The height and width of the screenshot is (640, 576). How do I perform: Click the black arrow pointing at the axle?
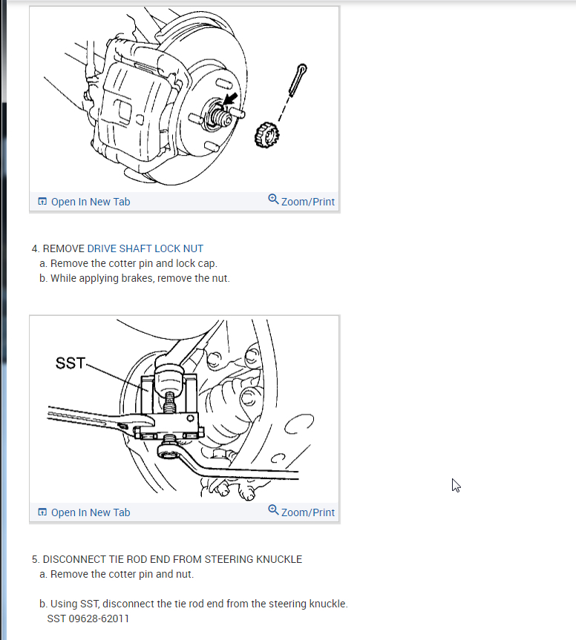pos(230,99)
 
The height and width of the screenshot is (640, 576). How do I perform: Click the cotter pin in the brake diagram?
pos(298,80)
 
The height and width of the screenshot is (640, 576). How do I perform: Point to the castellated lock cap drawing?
pos(266,135)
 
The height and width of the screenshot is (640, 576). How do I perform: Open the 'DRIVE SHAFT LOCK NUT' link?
pos(145,248)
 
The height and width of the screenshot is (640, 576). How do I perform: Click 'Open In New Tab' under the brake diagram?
pos(91,202)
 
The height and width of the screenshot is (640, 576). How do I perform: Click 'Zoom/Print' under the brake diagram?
pos(307,202)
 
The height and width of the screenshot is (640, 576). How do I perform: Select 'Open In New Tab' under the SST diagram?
pos(91,512)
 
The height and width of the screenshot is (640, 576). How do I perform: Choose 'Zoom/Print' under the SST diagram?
pos(307,512)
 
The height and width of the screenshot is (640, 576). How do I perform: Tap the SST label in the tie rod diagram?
pos(71,363)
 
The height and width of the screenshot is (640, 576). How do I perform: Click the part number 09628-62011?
pos(99,618)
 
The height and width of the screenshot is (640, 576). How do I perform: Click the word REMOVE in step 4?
pos(63,248)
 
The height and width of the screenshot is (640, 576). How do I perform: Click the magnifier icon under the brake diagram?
pos(273,199)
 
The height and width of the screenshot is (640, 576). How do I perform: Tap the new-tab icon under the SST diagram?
pos(42,512)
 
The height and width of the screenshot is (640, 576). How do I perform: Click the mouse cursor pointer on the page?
pos(456,485)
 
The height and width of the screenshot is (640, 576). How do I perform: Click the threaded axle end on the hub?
pos(221,118)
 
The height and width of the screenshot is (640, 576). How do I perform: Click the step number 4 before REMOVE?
pos(35,248)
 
